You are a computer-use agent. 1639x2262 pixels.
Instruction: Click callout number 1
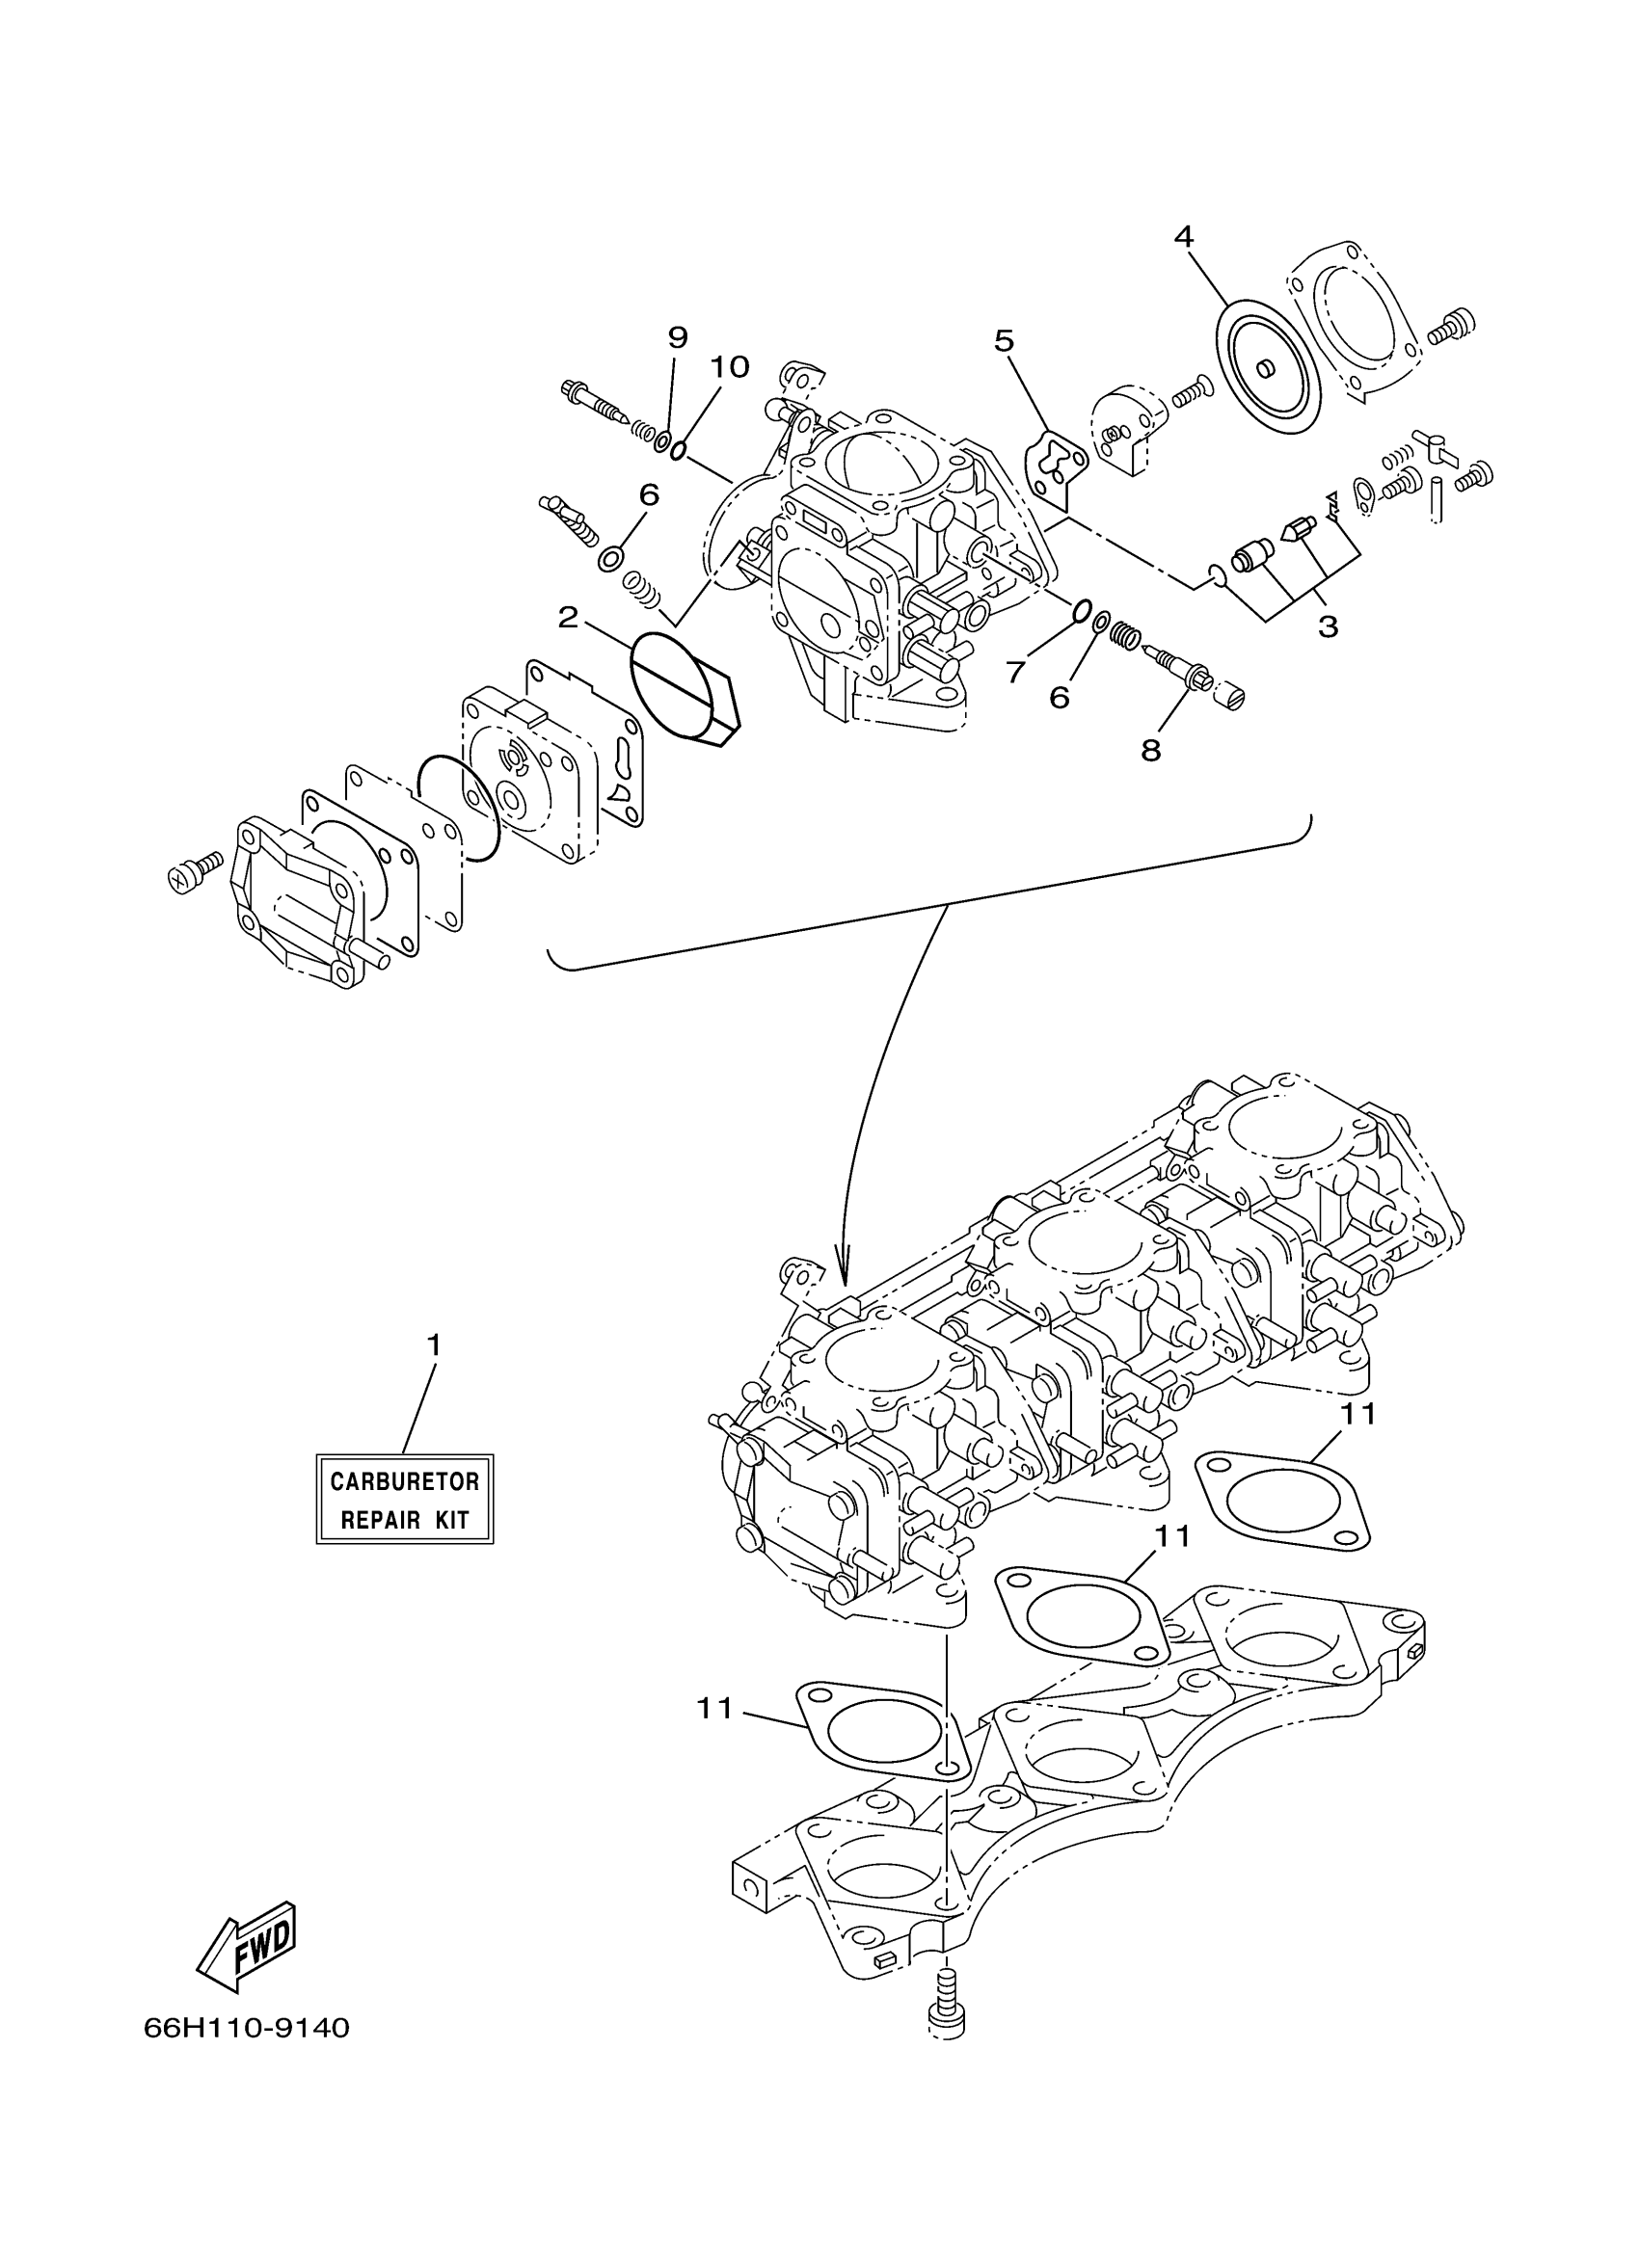pos(434,1345)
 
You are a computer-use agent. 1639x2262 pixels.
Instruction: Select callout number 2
pos(568,618)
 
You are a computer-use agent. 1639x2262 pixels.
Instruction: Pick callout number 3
pos(1327,627)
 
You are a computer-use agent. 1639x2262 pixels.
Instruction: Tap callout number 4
pos(1183,236)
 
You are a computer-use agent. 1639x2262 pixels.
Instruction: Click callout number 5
pos(1004,342)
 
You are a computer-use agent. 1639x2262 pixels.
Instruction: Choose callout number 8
pos(1151,751)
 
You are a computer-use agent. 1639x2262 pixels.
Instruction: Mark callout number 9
pos(678,337)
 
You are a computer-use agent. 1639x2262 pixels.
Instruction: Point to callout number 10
pos(729,367)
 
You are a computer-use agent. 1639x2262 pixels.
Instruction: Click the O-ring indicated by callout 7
pos(1082,609)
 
